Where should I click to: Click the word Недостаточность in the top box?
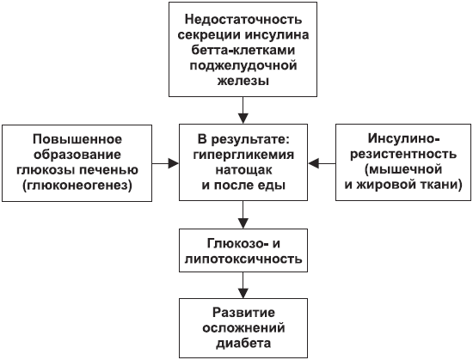[243, 20]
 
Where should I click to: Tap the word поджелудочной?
[243, 66]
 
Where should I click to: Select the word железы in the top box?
[243, 82]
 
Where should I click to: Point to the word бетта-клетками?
[243, 50]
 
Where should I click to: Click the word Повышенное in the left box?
[77, 139]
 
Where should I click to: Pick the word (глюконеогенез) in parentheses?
[77, 186]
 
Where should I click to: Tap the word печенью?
[109, 170]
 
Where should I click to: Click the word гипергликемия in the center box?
[243, 156]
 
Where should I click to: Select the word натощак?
[243, 170]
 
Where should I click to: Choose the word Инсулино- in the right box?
[404, 139]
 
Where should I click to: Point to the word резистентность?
[403, 155]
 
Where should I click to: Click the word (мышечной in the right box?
[403, 169]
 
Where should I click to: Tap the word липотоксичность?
[243, 259]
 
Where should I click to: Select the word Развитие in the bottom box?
[243, 313]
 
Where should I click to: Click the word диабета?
[243, 344]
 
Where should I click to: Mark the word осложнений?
[243, 328]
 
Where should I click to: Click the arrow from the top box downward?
[243, 110]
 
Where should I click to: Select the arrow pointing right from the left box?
[166, 163]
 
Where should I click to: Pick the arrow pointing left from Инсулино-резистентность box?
[322, 163]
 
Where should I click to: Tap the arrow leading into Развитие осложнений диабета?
[243, 285]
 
